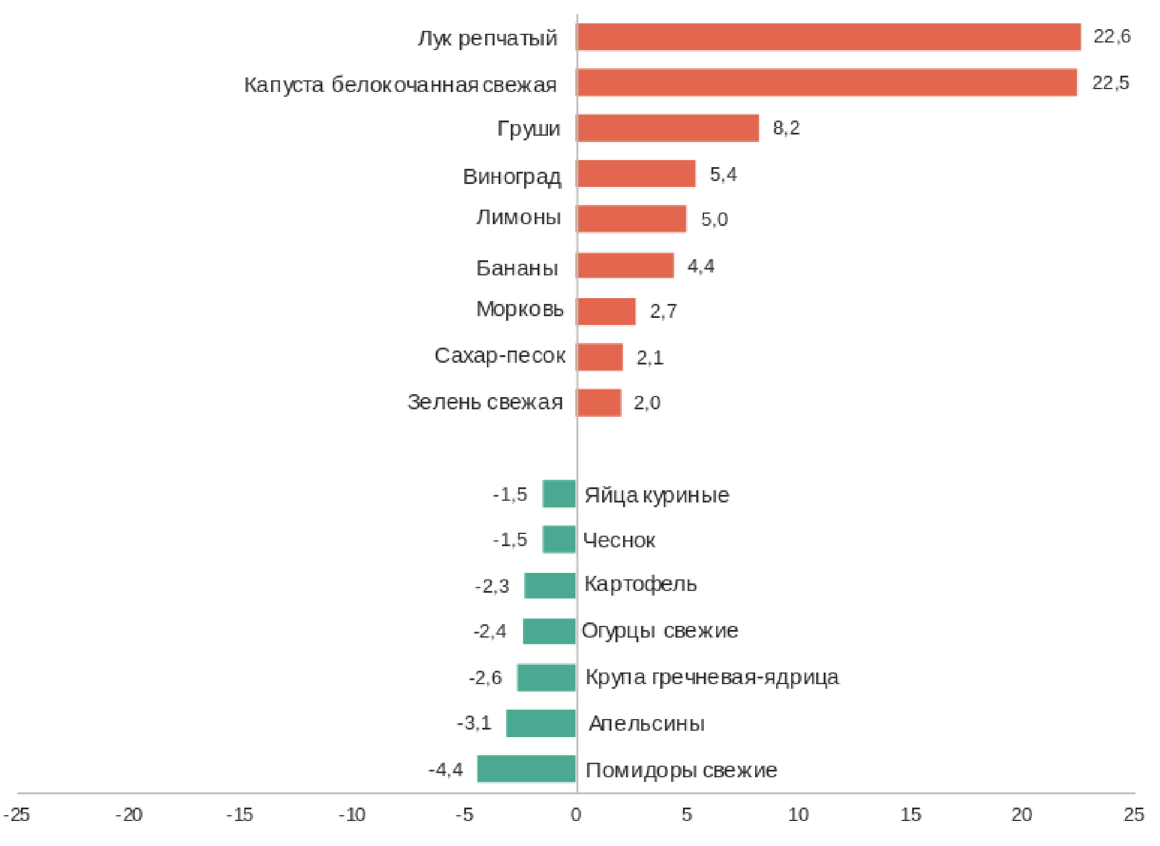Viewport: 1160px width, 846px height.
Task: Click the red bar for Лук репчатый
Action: click(828, 37)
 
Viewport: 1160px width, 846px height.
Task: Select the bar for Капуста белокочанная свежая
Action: click(826, 83)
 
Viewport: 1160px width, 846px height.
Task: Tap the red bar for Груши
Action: click(668, 128)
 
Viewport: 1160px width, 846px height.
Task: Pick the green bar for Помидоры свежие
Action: click(526, 769)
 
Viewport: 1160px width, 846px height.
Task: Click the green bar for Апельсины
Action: click(541, 723)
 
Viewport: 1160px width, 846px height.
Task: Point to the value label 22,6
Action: click(1112, 37)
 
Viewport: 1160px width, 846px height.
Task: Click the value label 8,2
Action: click(786, 128)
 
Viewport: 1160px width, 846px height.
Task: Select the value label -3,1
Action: click(474, 723)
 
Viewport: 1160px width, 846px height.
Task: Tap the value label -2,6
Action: click(485, 678)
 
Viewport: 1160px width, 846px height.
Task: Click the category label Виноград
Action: click(512, 176)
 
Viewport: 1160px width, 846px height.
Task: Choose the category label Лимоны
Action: click(518, 217)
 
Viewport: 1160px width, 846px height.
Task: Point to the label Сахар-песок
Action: click(500, 355)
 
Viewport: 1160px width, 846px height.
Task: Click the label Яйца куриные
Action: click(657, 495)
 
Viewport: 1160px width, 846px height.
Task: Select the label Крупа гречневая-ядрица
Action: click(712, 677)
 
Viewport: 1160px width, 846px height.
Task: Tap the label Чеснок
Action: click(619, 540)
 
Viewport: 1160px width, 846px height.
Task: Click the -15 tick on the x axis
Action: click(240, 815)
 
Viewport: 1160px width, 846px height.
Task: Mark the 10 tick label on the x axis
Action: click(798, 815)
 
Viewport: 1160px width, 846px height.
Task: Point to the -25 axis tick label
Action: click(16, 815)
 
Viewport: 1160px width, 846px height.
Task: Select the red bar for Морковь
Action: click(606, 312)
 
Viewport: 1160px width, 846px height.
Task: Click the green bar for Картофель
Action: click(550, 586)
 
